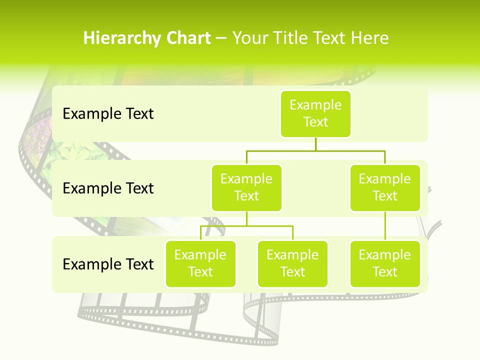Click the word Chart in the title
coord(188,38)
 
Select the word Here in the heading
coord(369,38)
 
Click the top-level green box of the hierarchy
coord(315,114)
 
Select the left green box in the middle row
coord(246,188)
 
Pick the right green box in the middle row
coord(385,188)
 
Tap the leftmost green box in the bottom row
coord(200,264)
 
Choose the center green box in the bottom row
coord(292,264)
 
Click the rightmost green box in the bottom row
coord(385,264)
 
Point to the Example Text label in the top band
coord(108,114)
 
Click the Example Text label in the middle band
coord(108,188)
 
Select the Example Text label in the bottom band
coord(108,264)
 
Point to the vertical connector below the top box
coord(315,144)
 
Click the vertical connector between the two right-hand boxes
coord(385,226)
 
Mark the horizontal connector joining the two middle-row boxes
coord(315,150)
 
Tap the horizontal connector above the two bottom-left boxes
coord(246,226)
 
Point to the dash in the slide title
coord(221,38)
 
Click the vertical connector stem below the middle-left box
coord(246,219)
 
